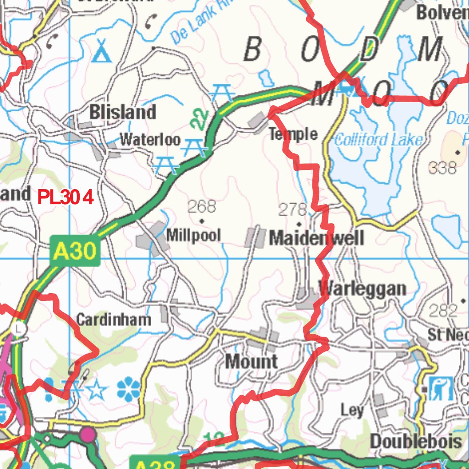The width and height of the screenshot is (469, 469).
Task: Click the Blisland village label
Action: (123, 112)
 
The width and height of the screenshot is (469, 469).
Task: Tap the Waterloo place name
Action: (150, 139)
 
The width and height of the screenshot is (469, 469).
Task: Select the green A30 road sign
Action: (75, 251)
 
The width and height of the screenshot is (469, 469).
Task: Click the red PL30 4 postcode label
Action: (65, 198)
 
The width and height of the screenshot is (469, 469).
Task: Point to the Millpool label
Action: (193, 235)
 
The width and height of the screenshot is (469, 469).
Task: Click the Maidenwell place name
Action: (316, 238)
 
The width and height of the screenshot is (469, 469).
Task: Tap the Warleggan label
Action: (362, 289)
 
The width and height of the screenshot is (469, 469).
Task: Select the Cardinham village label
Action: (113, 319)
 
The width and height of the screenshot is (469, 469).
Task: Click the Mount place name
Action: (251, 361)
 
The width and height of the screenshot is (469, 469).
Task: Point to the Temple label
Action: (293, 134)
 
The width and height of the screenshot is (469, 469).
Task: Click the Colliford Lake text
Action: (378, 140)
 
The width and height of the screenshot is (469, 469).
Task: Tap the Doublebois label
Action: (415, 442)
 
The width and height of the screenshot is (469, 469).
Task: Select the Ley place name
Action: (352, 410)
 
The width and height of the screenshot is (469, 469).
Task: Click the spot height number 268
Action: (202, 207)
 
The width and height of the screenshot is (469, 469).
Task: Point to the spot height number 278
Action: (293, 210)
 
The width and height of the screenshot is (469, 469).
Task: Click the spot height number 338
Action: (442, 168)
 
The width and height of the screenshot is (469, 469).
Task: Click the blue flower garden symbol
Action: (129, 390)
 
